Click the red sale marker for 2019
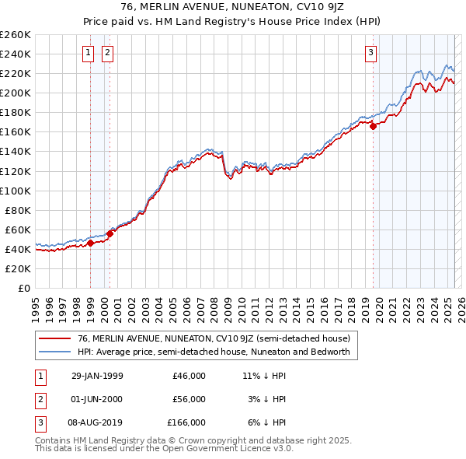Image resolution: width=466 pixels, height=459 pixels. coord(373,126)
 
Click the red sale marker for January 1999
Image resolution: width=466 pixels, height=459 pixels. coord(90,243)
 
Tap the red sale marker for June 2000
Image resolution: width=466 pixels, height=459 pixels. coord(110,233)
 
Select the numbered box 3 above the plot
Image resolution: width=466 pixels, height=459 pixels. coord(371,53)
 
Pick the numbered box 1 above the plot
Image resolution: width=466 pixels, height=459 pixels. coord(88,53)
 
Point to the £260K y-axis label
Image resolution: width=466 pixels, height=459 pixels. coord(15,35)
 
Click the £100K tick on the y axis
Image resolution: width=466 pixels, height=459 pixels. coord(15,191)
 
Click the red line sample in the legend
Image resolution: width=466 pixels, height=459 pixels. coord(54,338)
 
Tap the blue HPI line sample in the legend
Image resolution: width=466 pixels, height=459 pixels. coord(54,352)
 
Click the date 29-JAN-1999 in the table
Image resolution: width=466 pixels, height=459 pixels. coord(97,376)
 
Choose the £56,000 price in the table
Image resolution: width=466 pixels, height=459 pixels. coord(190,399)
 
